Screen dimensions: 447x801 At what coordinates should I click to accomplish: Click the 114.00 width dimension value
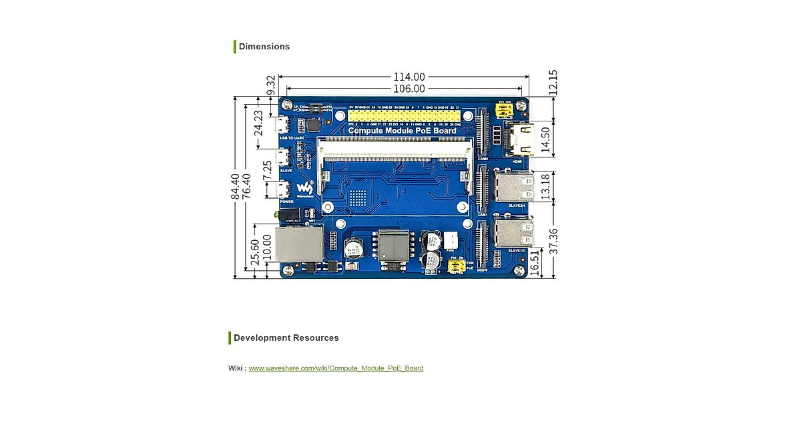click(409, 77)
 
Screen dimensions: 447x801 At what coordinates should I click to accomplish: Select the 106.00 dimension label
click(409, 89)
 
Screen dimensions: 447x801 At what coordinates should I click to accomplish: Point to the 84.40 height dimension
click(235, 187)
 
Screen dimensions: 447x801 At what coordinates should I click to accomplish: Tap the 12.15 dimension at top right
click(552, 83)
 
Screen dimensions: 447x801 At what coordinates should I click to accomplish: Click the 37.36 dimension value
click(552, 241)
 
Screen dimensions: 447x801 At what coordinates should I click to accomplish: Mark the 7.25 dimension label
click(268, 170)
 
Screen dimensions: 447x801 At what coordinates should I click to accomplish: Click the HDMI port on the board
click(520, 141)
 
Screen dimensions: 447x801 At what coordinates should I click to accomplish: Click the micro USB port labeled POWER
click(283, 189)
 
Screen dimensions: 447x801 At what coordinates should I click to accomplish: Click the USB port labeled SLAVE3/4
click(515, 186)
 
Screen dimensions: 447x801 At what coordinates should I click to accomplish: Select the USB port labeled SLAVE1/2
click(515, 233)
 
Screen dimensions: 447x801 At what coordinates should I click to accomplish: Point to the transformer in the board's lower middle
click(392, 246)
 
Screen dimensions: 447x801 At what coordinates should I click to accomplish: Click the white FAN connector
click(452, 242)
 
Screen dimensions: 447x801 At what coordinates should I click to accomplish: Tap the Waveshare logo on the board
click(304, 189)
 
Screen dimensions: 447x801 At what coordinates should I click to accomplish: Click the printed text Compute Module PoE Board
click(402, 131)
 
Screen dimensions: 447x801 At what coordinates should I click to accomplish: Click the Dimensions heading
click(264, 47)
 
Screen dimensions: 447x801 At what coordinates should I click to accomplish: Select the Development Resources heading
click(286, 338)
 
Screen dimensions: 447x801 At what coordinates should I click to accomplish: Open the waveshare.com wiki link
click(336, 368)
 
